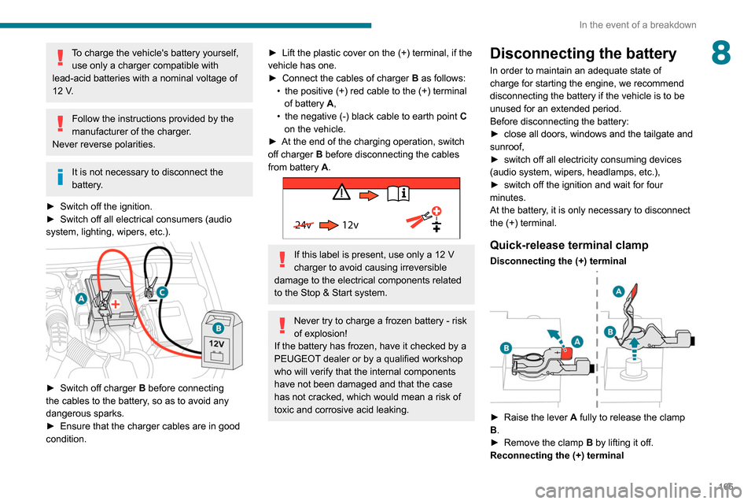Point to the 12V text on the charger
pos(216,344)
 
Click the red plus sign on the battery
pos(115,302)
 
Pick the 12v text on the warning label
pos(350,224)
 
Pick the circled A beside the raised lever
pos(619,291)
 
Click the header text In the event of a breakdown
pos(637,24)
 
